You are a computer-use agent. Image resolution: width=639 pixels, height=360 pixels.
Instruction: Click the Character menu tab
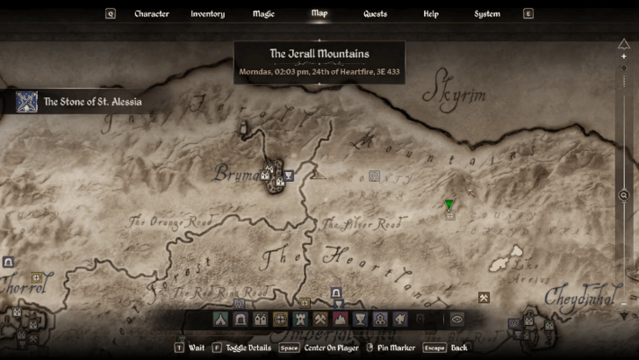[151, 14]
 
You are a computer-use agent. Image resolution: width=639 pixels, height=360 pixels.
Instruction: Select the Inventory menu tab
[208, 14]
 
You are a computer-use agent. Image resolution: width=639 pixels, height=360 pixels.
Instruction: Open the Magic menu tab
[263, 14]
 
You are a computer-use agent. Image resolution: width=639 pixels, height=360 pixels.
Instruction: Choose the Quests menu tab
[375, 14]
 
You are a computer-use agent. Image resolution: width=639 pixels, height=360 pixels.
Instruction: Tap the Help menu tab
[431, 14]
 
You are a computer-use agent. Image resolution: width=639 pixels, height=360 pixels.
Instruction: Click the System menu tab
[487, 14]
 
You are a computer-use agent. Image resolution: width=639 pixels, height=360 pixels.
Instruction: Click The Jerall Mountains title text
[319, 54]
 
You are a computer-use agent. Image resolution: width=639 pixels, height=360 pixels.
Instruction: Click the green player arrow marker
[449, 205]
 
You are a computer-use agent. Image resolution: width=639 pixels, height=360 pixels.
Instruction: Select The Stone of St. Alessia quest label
[92, 102]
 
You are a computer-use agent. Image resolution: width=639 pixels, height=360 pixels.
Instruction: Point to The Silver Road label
[361, 225]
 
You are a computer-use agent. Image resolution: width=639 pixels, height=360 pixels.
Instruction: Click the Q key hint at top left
[111, 14]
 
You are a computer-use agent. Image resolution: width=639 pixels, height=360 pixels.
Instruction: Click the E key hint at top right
[528, 14]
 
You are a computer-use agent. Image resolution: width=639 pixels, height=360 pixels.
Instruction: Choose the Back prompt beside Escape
[459, 348]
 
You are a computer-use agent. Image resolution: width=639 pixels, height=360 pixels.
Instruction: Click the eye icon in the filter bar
[456, 320]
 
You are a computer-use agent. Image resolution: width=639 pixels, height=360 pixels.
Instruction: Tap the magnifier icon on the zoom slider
[624, 195]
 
